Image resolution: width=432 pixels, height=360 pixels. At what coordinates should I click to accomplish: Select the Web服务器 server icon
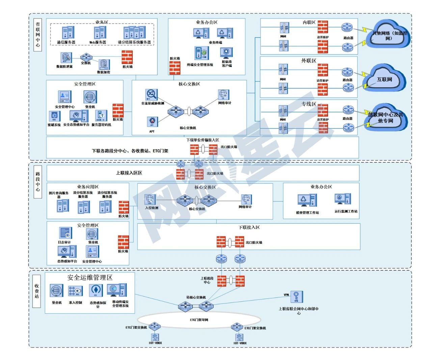(100, 33)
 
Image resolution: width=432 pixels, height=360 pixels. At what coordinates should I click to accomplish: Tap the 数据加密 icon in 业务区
(104, 65)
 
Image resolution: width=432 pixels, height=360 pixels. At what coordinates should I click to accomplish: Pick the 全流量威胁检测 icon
(152, 95)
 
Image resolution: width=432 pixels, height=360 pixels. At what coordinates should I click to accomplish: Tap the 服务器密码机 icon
(101, 116)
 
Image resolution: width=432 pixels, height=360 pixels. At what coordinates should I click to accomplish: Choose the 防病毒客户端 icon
(226, 53)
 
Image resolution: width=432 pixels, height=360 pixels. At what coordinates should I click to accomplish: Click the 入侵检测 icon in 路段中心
(150, 200)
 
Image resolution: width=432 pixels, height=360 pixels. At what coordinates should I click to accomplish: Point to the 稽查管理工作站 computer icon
(307, 201)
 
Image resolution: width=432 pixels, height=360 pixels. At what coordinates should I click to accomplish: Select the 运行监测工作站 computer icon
(343, 199)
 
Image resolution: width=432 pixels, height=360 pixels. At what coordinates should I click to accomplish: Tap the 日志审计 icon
(65, 233)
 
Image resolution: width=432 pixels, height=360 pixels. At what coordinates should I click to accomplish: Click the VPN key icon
(296, 297)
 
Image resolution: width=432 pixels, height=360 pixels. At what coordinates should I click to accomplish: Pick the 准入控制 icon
(75, 291)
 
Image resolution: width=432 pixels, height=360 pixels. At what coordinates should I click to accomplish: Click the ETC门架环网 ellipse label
(199, 320)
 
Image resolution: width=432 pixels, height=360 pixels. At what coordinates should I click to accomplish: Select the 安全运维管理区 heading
(90, 278)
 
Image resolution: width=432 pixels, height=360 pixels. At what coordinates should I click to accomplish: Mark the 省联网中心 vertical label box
(38, 35)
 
